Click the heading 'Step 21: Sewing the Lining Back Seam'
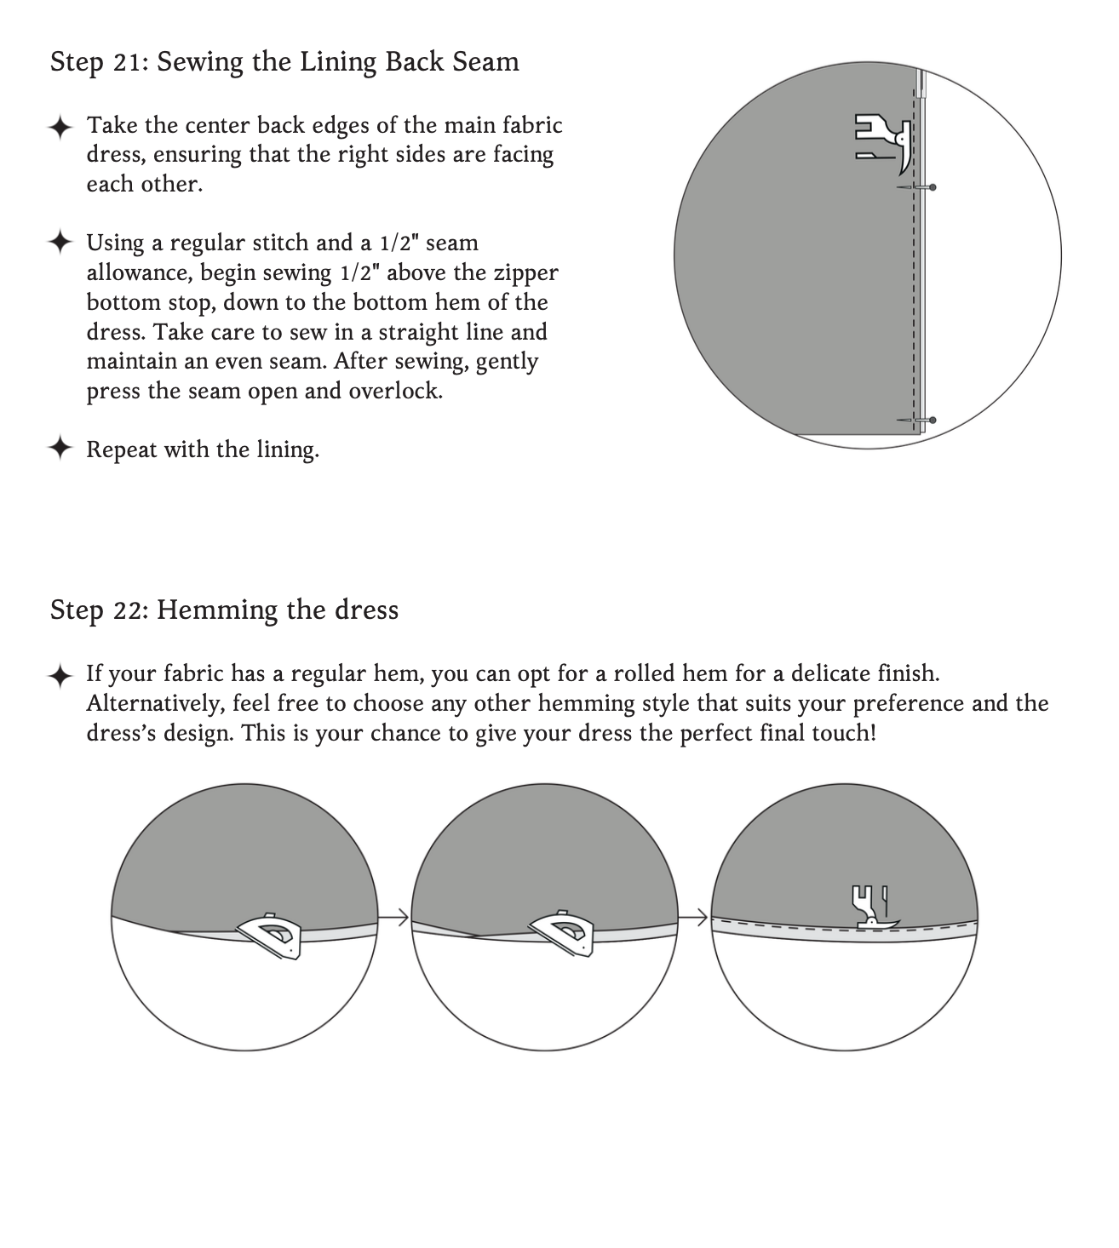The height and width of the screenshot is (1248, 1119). [x=284, y=62]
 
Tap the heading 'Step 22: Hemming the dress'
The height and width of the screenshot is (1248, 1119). [x=224, y=610]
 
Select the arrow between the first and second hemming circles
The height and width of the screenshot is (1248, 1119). [x=394, y=918]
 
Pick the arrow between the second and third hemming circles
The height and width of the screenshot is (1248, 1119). [x=694, y=918]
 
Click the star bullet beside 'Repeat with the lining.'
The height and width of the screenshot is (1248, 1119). [x=60, y=448]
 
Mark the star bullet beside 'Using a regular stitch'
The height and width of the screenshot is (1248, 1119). [x=60, y=243]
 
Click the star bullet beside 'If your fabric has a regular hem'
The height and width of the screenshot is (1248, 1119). [x=60, y=677]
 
